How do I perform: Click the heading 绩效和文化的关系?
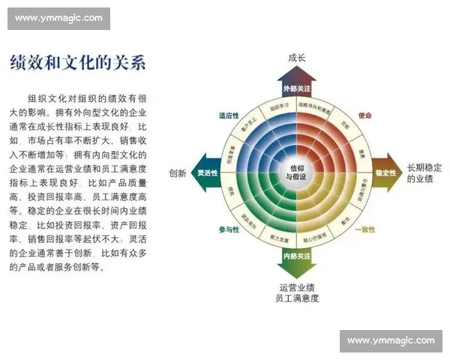click(x=77, y=63)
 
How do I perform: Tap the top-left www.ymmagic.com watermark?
click(x=59, y=17)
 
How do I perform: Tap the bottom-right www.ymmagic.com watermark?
click(x=391, y=340)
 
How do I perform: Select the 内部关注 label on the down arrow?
click(x=297, y=256)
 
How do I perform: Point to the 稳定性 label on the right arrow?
click(x=385, y=172)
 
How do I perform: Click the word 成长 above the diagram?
click(x=297, y=58)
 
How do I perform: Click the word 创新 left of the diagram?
click(x=178, y=172)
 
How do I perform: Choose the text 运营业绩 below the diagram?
click(x=297, y=287)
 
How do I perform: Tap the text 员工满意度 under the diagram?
click(x=297, y=298)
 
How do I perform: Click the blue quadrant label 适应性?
click(x=228, y=115)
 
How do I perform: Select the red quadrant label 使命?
click(x=364, y=115)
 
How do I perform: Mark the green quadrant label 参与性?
click(x=228, y=229)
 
